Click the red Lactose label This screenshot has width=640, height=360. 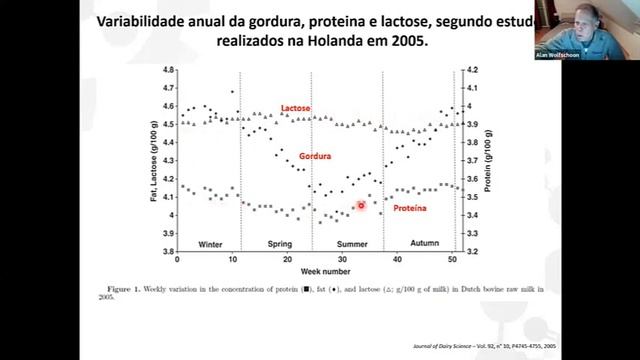coord(295,107)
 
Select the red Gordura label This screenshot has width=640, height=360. coord(314,156)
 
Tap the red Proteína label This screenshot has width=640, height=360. coord(408,208)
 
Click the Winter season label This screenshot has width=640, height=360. coord(210,244)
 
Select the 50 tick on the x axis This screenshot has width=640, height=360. coord(452,260)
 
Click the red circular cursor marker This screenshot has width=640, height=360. coord(361,205)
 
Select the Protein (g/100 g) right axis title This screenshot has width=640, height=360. coord(488,160)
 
